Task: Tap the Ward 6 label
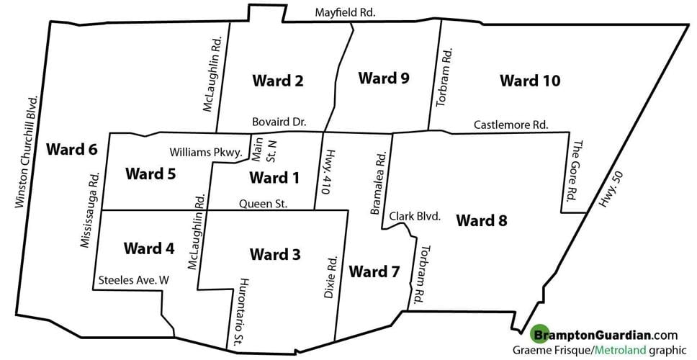(x=71, y=150)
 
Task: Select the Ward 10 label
(x=530, y=81)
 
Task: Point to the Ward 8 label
(x=482, y=220)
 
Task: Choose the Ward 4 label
(x=148, y=249)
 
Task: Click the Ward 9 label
(x=384, y=78)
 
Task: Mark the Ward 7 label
(x=374, y=272)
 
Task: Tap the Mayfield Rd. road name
(x=346, y=12)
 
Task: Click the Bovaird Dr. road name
(x=279, y=123)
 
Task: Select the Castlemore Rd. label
(x=511, y=125)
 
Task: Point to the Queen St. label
(x=264, y=204)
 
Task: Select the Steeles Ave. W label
(x=133, y=281)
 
